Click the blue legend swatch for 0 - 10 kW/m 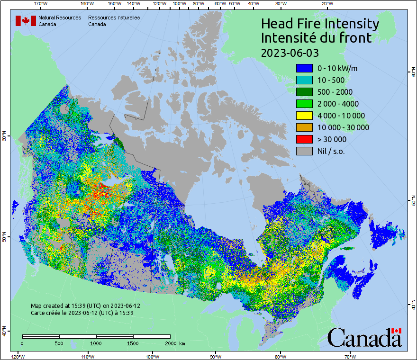coord(304,68)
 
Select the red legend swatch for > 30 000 coord(304,139)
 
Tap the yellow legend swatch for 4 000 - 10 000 coord(304,116)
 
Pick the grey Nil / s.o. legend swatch coord(304,151)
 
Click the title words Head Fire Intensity coord(320,24)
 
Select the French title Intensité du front coord(316,38)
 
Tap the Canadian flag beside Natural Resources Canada coord(26,21)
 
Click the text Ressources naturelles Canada coord(114,21)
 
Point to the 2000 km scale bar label coord(175,343)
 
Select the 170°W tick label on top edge coord(41,3)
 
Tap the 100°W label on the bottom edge coord(152,356)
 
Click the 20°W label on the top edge coord(326,3)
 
